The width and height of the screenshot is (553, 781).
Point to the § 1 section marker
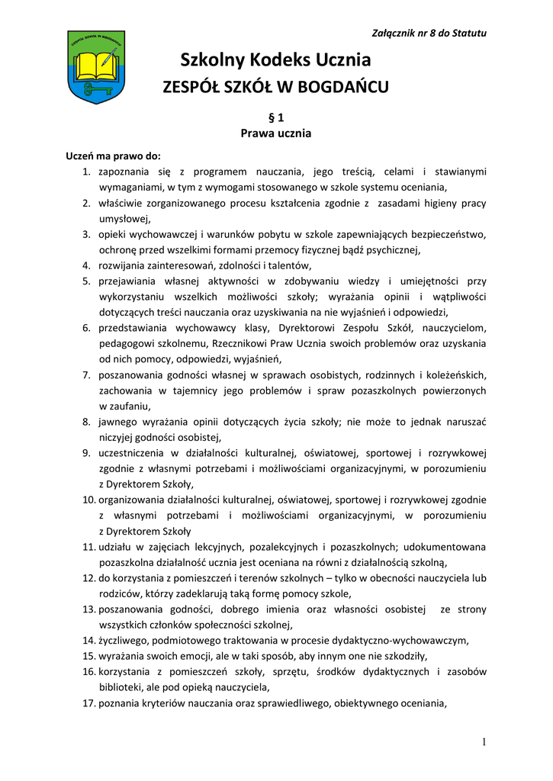tap(276, 117)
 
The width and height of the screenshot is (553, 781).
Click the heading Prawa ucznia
tap(276, 133)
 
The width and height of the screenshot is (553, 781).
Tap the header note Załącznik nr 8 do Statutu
tap(429, 33)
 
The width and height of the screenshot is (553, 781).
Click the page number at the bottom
tap(484, 743)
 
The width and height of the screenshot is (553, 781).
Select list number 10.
tap(88, 500)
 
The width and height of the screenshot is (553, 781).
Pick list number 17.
tap(88, 703)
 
